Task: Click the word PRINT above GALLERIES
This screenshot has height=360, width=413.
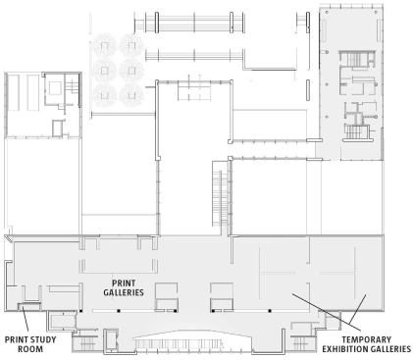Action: tap(124, 283)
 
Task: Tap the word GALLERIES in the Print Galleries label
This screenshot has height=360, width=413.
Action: tap(124, 292)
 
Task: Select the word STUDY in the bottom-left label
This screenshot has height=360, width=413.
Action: tap(42, 339)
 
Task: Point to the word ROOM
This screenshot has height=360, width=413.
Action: tap(30, 349)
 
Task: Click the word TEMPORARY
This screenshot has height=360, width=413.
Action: tap(367, 339)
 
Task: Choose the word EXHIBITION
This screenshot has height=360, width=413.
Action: tap(345, 349)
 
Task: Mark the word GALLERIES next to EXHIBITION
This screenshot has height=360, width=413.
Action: tap(390, 349)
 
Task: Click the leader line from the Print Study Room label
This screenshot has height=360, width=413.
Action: tap(25, 319)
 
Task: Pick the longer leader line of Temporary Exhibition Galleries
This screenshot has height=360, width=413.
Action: tap(327, 312)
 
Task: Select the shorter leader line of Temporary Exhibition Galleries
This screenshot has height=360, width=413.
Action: tap(357, 309)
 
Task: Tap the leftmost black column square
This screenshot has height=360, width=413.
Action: tap(80, 310)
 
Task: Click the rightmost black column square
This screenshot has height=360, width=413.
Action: tap(270, 310)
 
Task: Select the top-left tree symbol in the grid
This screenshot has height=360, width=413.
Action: tap(104, 45)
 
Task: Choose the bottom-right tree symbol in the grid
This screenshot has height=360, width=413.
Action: tap(131, 95)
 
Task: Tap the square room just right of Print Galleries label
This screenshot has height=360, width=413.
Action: tap(167, 297)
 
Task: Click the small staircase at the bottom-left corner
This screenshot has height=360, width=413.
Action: tap(85, 343)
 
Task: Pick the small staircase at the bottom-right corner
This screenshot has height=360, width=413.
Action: tap(298, 343)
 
